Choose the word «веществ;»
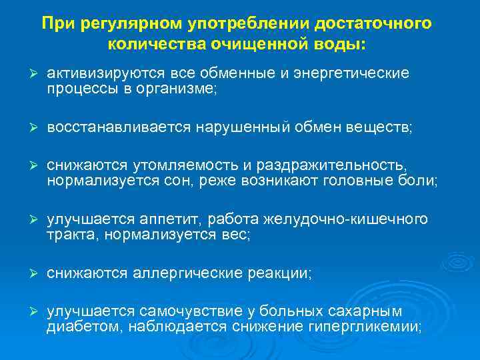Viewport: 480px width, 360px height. (x=381, y=128)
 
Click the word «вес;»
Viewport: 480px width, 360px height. (x=236, y=235)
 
